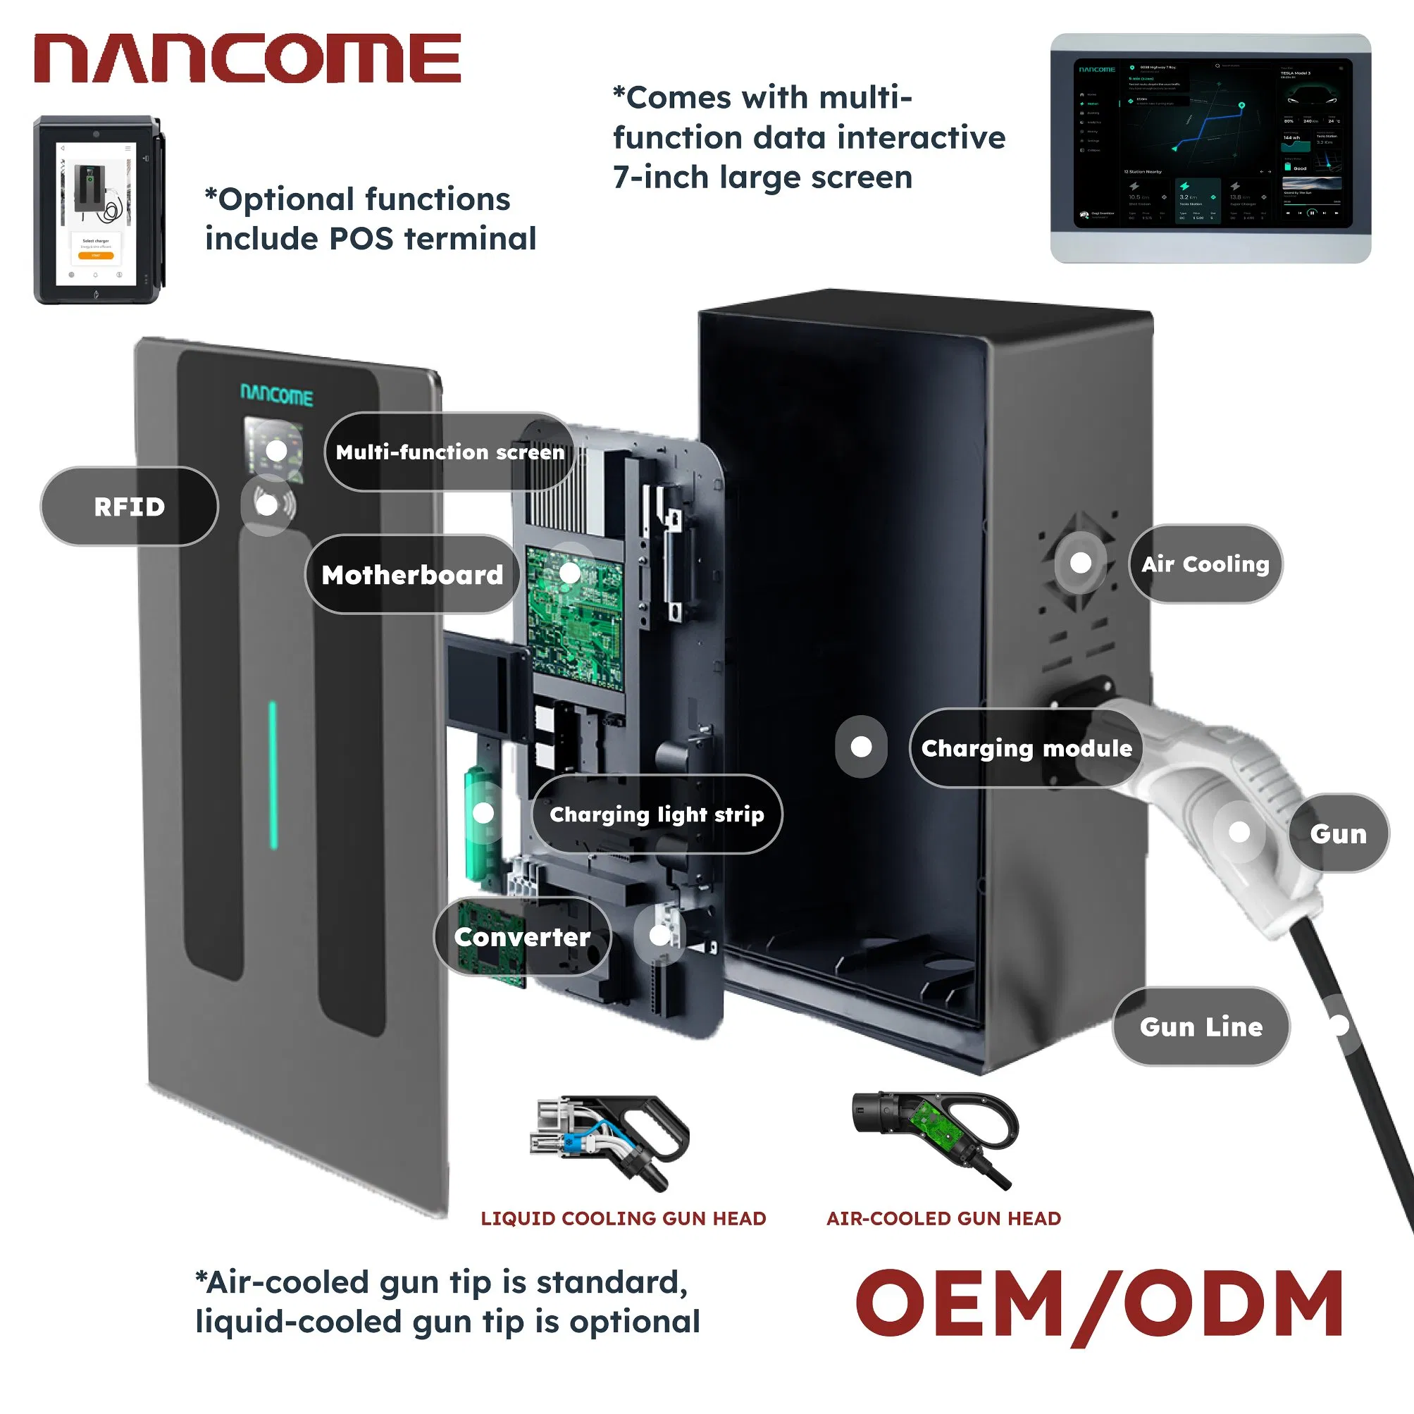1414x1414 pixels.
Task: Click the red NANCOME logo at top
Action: pyautogui.click(x=247, y=58)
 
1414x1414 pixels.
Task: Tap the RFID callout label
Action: pyautogui.click(x=130, y=507)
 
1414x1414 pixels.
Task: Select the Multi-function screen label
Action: pyautogui.click(x=449, y=452)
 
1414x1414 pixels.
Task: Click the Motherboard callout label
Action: pyautogui.click(x=412, y=574)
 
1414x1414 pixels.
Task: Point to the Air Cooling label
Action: pyautogui.click(x=1205, y=564)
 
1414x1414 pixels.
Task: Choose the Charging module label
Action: pyautogui.click(x=1025, y=748)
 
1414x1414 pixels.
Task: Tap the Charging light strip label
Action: pyautogui.click(x=657, y=814)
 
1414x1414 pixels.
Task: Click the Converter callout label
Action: pyautogui.click(x=522, y=937)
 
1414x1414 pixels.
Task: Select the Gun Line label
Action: pyautogui.click(x=1201, y=1027)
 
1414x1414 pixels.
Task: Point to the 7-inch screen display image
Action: pyautogui.click(x=1210, y=148)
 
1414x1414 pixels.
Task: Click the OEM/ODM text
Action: pyautogui.click(x=1099, y=1305)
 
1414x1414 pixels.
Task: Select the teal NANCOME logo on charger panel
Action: pyautogui.click(x=277, y=396)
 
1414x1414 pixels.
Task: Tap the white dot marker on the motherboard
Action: pyautogui.click(x=569, y=572)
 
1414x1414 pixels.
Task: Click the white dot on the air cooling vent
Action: pyautogui.click(x=1080, y=563)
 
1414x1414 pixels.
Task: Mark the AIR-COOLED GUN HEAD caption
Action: pyautogui.click(x=943, y=1219)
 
